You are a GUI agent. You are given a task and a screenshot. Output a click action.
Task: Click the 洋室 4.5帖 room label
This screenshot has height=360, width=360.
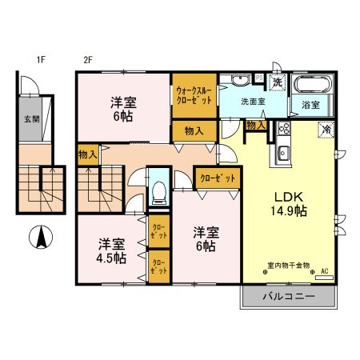(112, 250)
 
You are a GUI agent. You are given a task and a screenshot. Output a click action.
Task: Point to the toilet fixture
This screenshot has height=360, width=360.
(159, 189)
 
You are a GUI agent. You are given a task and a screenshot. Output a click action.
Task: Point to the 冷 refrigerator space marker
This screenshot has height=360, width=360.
(326, 127)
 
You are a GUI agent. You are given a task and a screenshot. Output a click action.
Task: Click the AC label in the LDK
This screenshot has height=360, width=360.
(325, 272)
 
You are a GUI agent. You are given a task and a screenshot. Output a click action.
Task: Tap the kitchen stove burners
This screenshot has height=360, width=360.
(283, 130)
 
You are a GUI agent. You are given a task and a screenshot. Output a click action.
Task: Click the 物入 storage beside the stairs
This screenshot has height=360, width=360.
(88, 154)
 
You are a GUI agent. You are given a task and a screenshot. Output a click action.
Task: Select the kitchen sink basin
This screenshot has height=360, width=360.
(282, 154)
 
